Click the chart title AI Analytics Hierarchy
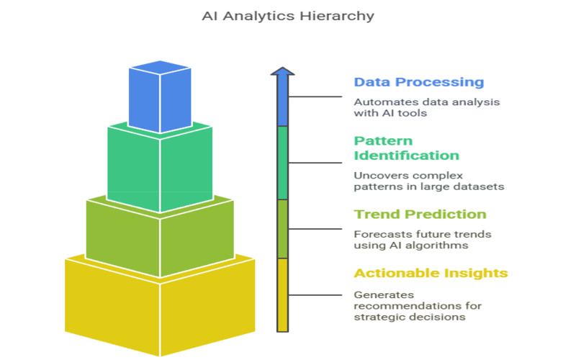click(x=288, y=16)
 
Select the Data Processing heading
click(x=419, y=82)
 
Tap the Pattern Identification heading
click(x=406, y=148)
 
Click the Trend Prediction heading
click(x=420, y=214)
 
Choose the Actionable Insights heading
click(x=431, y=273)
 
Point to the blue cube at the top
click(x=160, y=96)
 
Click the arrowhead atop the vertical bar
click(x=282, y=71)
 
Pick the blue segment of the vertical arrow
click(x=282, y=101)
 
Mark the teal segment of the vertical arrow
click(x=282, y=163)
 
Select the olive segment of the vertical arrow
click(x=282, y=229)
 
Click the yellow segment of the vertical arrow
click(x=282, y=295)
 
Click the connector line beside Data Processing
click(x=315, y=96)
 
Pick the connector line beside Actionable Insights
click(x=315, y=295)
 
